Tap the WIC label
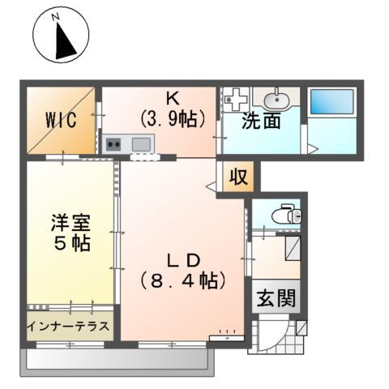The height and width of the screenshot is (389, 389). (60, 121)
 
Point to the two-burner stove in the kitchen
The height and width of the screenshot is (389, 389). (113, 145)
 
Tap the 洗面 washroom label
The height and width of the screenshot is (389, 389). (261, 122)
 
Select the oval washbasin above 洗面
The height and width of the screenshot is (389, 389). (277, 100)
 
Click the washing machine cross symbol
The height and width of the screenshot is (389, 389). (237, 100)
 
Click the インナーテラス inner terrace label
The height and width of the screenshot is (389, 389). (69, 331)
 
